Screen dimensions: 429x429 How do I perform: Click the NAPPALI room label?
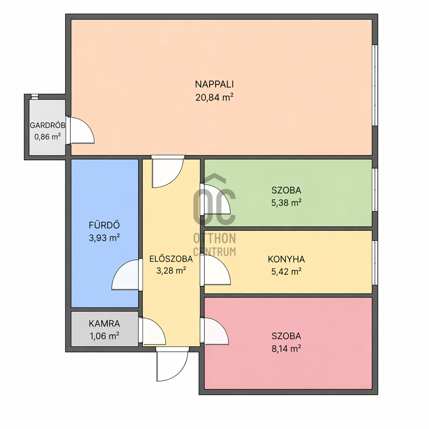[214, 84]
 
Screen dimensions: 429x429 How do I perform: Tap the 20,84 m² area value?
[214, 97]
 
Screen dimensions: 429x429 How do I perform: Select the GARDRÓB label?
[48, 125]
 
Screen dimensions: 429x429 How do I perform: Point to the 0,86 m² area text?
[48, 136]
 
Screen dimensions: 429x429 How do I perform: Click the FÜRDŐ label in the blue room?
[104, 225]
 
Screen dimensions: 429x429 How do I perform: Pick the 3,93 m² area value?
[104, 238]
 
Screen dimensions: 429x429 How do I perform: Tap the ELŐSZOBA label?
[171, 259]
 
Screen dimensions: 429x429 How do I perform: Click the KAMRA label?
[104, 324]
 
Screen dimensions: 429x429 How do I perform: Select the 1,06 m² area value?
[104, 336]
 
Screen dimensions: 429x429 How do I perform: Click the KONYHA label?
[286, 259]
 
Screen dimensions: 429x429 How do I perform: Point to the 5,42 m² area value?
[286, 272]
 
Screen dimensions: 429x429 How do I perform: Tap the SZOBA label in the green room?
[286, 190]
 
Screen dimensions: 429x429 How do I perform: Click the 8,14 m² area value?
[286, 349]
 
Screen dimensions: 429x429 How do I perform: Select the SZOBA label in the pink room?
[286, 336]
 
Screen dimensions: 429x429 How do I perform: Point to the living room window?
[375, 85]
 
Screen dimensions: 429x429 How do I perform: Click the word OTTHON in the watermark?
[214, 238]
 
